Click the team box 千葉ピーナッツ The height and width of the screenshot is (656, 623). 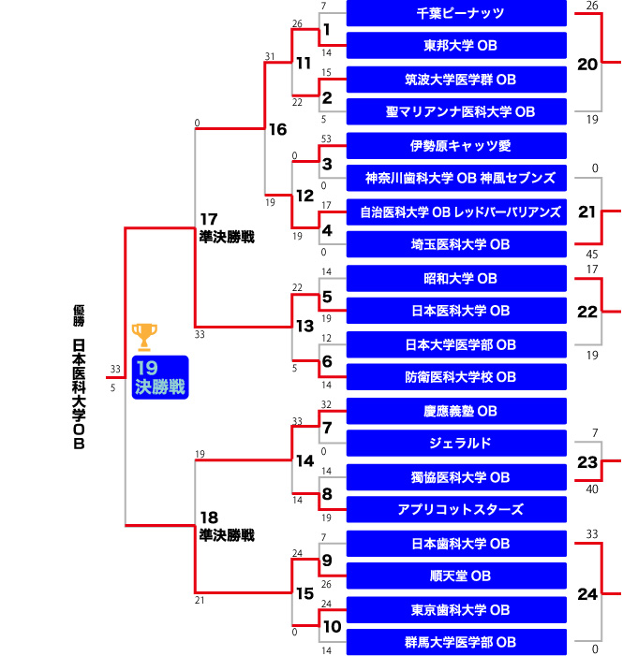[x=456, y=13]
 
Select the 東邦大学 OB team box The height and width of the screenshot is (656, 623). [x=456, y=46]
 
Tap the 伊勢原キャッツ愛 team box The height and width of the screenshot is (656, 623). [x=456, y=146]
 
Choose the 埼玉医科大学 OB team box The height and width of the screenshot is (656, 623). [x=456, y=245]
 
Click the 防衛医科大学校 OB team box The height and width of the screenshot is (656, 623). [x=456, y=378]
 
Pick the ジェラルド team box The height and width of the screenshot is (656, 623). [x=456, y=444]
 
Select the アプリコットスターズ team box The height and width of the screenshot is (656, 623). [x=456, y=510]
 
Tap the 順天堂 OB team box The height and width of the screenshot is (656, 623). [x=456, y=576]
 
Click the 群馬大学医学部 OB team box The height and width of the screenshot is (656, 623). [x=456, y=643]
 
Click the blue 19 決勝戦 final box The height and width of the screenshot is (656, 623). [x=160, y=377]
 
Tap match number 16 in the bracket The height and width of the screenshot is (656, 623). [x=278, y=129]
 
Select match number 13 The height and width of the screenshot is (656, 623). [x=304, y=326]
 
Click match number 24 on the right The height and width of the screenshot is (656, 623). [x=587, y=593]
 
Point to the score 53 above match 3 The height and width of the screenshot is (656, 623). [x=326, y=138]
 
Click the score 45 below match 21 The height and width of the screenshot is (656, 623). [x=591, y=254]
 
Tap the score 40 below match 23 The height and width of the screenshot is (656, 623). [x=591, y=488]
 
